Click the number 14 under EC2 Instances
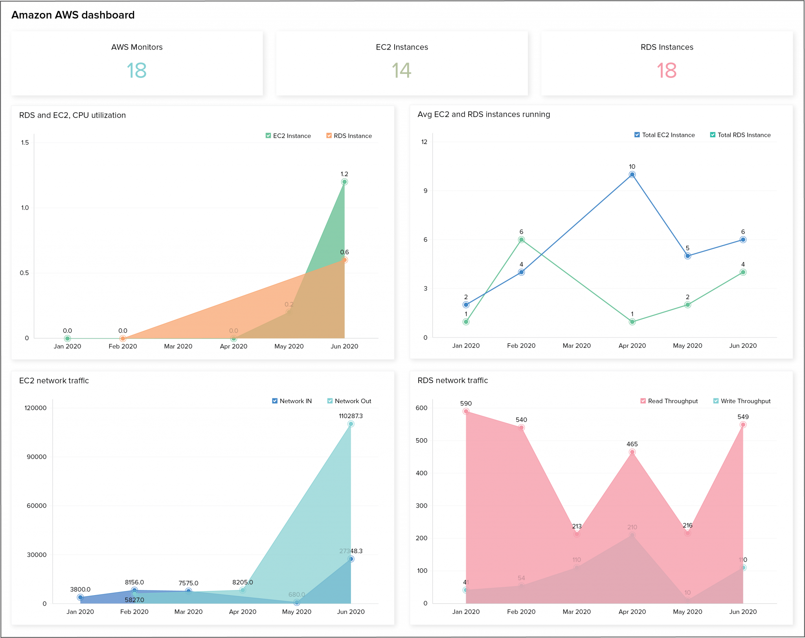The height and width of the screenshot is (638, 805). pyautogui.click(x=401, y=71)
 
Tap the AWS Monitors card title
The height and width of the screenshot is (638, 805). pyautogui.click(x=137, y=47)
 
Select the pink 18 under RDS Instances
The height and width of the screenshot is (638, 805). pyautogui.click(x=667, y=71)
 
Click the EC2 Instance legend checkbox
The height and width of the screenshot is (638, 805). pyautogui.click(x=268, y=136)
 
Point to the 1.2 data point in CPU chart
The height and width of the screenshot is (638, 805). pyautogui.click(x=344, y=182)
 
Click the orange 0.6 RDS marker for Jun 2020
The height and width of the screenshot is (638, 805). pyautogui.click(x=344, y=260)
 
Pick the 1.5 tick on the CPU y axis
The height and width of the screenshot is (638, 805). pyautogui.click(x=25, y=142)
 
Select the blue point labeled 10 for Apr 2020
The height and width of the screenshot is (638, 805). pyautogui.click(x=632, y=175)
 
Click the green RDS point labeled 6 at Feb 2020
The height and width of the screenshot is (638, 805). pyautogui.click(x=521, y=240)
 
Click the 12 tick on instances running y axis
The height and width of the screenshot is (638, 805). pyautogui.click(x=424, y=142)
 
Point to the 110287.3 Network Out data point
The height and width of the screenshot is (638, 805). pyautogui.click(x=351, y=424)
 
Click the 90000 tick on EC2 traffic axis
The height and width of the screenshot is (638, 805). pyautogui.click(x=37, y=457)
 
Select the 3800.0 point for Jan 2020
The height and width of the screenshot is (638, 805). pyautogui.click(x=80, y=597)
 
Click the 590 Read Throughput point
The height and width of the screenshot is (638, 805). pyautogui.click(x=466, y=411)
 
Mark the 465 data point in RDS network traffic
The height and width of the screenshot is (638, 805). pyautogui.click(x=632, y=452)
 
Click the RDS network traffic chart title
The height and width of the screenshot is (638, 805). pyautogui.click(x=452, y=380)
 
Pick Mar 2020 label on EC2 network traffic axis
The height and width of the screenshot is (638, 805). pyautogui.click(x=188, y=612)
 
